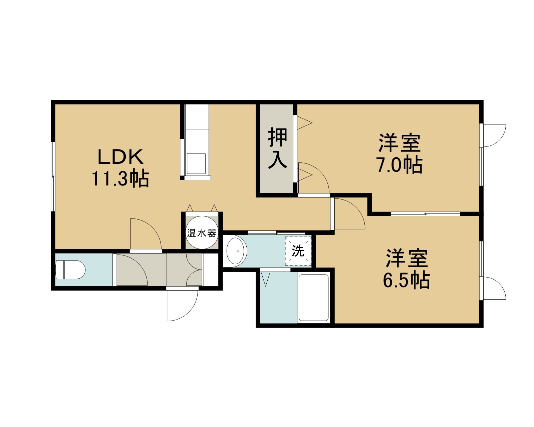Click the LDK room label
pyautogui.click(x=120, y=156)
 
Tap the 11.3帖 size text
pyautogui.click(x=120, y=178)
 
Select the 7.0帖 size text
pyautogui.click(x=400, y=164)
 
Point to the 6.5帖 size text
pyautogui.click(x=407, y=280)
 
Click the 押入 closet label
pyautogui.click(x=277, y=148)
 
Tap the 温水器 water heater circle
pyautogui.click(x=202, y=233)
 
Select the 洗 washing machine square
pyautogui.click(x=298, y=251)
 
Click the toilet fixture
pyautogui.click(x=70, y=270)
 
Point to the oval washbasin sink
pyautogui.click(x=237, y=251)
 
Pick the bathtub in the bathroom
pyautogui.click(x=314, y=298)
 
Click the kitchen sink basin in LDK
pyautogui.click(x=196, y=164)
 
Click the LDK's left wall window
pyautogui.click(x=53, y=176)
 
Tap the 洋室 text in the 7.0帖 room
pyautogui.click(x=399, y=143)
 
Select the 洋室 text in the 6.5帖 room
pyautogui.click(x=407, y=258)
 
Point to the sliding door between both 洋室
pyautogui.click(x=425, y=214)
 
